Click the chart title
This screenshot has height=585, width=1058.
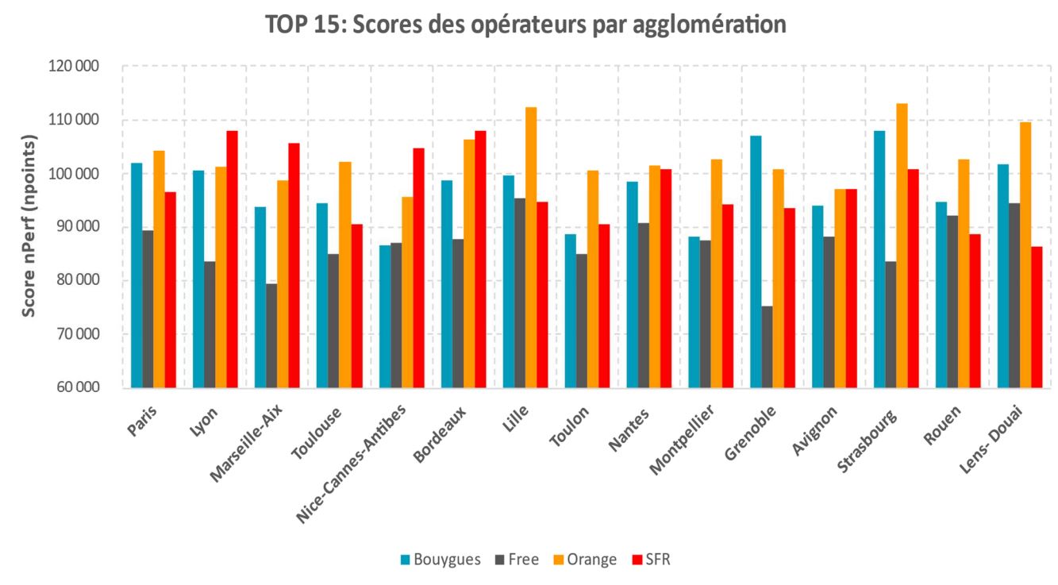click(x=525, y=25)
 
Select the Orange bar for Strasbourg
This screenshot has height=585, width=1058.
click(x=902, y=246)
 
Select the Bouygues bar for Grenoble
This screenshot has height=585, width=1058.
click(x=756, y=262)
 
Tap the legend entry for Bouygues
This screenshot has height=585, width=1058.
click(x=441, y=560)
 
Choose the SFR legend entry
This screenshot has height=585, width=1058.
click(x=649, y=560)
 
